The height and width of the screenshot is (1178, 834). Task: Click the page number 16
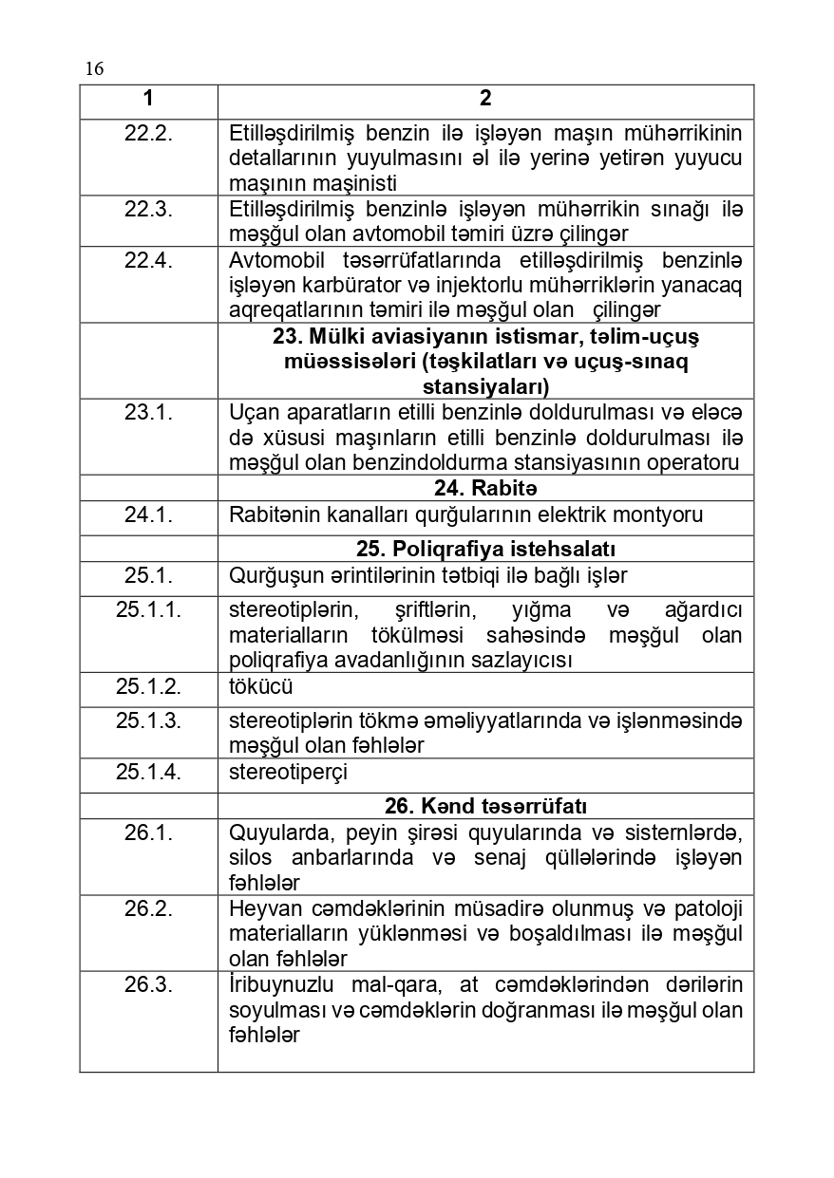94,68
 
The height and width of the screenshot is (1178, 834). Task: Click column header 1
148,100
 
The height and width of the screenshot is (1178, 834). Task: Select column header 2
485,100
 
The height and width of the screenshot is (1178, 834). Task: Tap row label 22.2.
148,133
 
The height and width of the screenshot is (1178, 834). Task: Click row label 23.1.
148,413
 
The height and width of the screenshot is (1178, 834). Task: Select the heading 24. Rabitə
485,489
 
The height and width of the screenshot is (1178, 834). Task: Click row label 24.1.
148,515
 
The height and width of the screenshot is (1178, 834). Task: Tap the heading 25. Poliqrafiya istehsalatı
485,550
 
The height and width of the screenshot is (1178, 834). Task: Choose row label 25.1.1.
148,610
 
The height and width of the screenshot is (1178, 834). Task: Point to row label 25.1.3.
148,720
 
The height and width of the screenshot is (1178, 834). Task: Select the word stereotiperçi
288,773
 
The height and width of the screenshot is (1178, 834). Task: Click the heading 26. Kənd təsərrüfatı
485,807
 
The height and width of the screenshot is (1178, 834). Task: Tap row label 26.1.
148,833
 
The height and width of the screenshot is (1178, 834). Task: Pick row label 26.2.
148,908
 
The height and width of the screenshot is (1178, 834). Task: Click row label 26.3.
148,984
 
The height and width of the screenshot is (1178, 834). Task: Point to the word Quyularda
275,833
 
